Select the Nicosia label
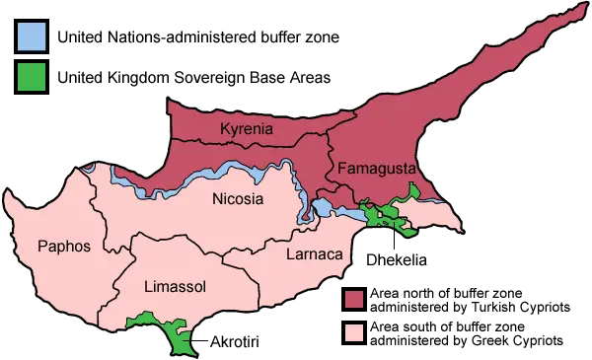click(238, 199)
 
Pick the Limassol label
click(175, 287)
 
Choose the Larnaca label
click(314, 254)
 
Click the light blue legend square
click(32, 37)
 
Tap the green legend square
click(32, 76)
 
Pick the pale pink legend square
click(353, 332)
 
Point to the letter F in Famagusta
click(341, 168)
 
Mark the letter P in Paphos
click(42, 246)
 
